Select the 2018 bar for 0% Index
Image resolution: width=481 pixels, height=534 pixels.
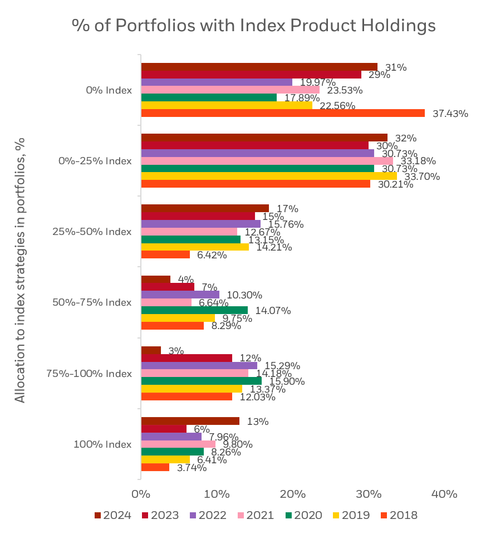pos(283,113)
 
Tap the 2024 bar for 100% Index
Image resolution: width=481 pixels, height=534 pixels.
pos(190,421)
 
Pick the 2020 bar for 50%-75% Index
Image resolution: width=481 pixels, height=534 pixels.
pos(194,310)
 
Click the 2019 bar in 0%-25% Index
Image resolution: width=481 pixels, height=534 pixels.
pos(269,176)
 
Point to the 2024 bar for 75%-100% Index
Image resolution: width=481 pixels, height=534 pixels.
pos(151,350)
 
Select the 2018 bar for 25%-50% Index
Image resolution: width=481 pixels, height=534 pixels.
pos(165,254)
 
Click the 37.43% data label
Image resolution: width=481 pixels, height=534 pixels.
pos(450,114)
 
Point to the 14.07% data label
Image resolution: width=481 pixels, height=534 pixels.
pos(273,311)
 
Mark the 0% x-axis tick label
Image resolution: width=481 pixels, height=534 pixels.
pos(141,494)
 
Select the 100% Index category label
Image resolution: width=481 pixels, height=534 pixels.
pos(102,444)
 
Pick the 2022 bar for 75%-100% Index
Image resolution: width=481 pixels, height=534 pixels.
pos(199,366)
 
